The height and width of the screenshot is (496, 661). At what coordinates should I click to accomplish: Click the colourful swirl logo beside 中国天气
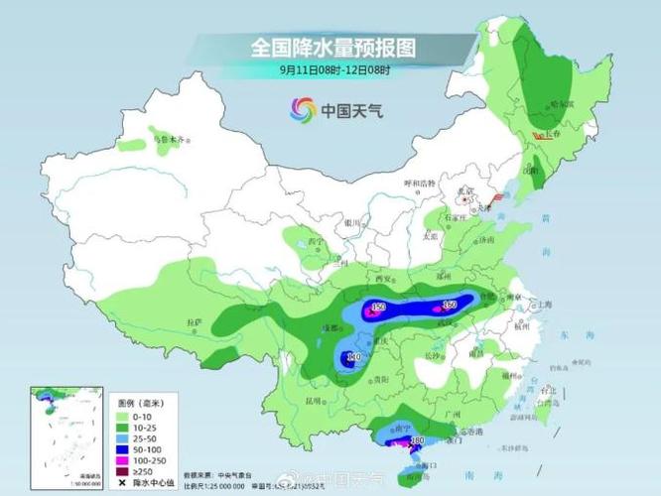(x=302, y=109)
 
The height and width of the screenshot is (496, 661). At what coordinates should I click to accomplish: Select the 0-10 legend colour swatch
(x=127, y=414)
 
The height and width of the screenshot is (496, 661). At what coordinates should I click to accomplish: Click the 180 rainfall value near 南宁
(x=417, y=439)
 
